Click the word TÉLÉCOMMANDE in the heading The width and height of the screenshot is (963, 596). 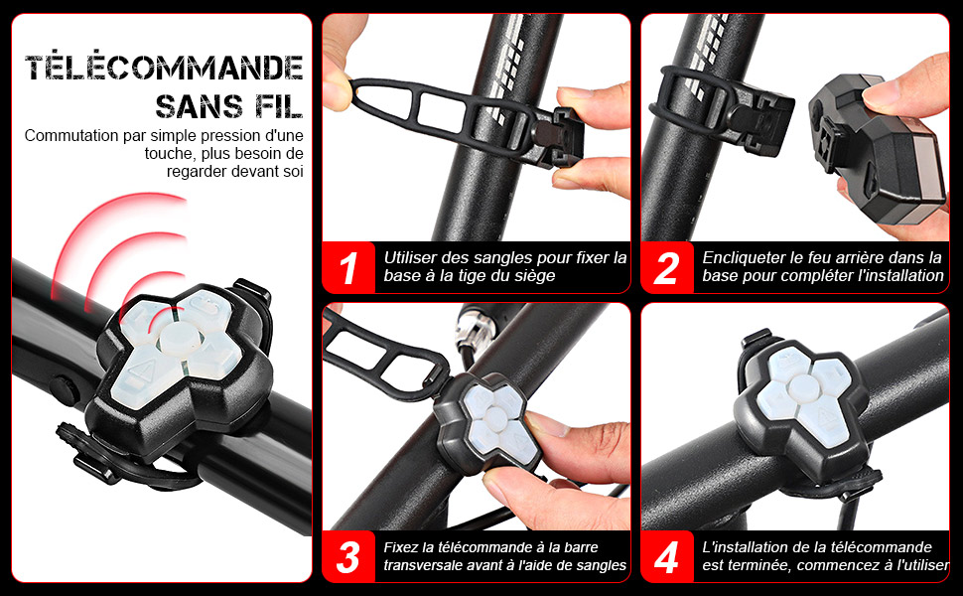(x=164, y=67)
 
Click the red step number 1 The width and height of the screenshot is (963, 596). (x=348, y=268)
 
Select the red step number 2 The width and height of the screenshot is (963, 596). (x=667, y=268)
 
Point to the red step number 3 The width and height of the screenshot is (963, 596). (x=348, y=556)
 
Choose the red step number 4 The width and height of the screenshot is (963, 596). (x=667, y=556)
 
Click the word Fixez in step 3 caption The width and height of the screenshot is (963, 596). (x=401, y=547)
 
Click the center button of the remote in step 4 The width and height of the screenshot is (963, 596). (x=803, y=387)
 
